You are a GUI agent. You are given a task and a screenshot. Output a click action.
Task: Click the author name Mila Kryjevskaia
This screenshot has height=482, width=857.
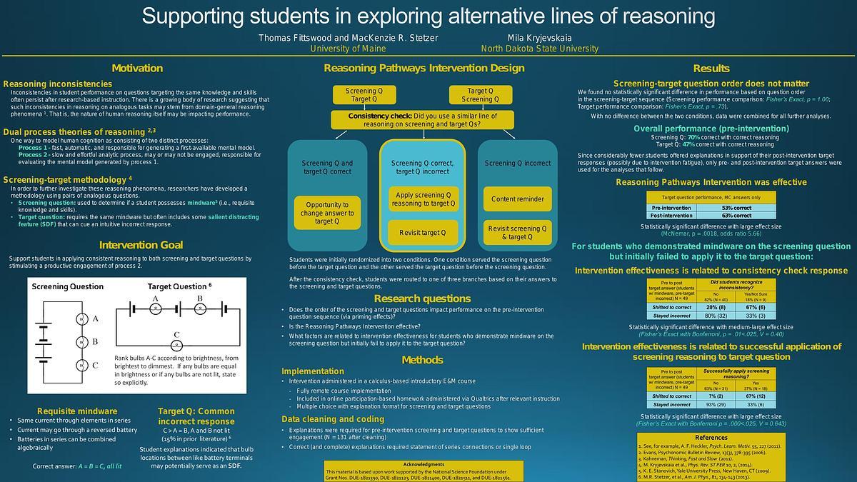point(539,37)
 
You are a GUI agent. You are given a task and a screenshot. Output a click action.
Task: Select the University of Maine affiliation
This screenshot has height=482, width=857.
point(348,49)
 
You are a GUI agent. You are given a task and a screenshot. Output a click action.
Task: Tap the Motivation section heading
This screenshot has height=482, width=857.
point(137,69)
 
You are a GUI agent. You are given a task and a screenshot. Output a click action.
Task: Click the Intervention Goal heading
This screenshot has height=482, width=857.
point(141,245)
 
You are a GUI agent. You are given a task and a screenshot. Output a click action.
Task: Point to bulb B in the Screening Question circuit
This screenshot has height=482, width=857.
point(82,341)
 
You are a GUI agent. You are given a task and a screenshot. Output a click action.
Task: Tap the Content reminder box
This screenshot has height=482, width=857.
point(518,199)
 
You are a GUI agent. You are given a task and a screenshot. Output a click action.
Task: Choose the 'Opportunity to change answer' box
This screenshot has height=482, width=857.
point(327,213)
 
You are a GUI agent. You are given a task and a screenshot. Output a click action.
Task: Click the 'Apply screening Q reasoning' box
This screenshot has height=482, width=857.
point(422,199)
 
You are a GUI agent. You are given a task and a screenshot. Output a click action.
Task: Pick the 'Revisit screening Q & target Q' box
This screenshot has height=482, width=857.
point(518,232)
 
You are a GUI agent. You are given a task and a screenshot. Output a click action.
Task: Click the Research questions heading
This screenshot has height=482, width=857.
point(422,298)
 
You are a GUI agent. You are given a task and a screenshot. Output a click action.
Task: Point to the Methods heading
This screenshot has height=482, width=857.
point(422,360)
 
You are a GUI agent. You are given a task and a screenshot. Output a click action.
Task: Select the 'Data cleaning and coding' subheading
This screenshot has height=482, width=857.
point(332,418)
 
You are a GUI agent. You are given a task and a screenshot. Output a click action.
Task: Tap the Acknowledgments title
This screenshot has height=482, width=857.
point(424,464)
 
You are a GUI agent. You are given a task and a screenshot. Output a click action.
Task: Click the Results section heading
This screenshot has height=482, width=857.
point(711,69)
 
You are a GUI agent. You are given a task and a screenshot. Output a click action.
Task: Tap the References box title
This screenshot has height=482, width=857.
point(711,437)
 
